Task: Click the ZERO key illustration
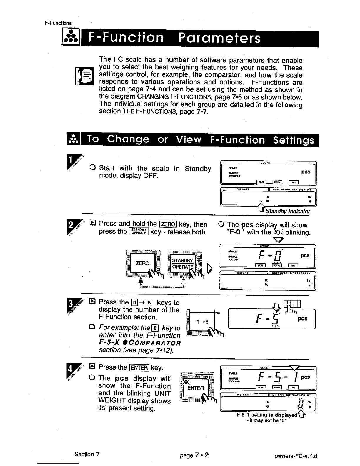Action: point(142,263)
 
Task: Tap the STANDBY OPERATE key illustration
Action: point(183,263)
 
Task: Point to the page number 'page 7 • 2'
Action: point(194,455)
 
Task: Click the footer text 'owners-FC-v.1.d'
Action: point(295,456)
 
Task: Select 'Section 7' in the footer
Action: point(87,454)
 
